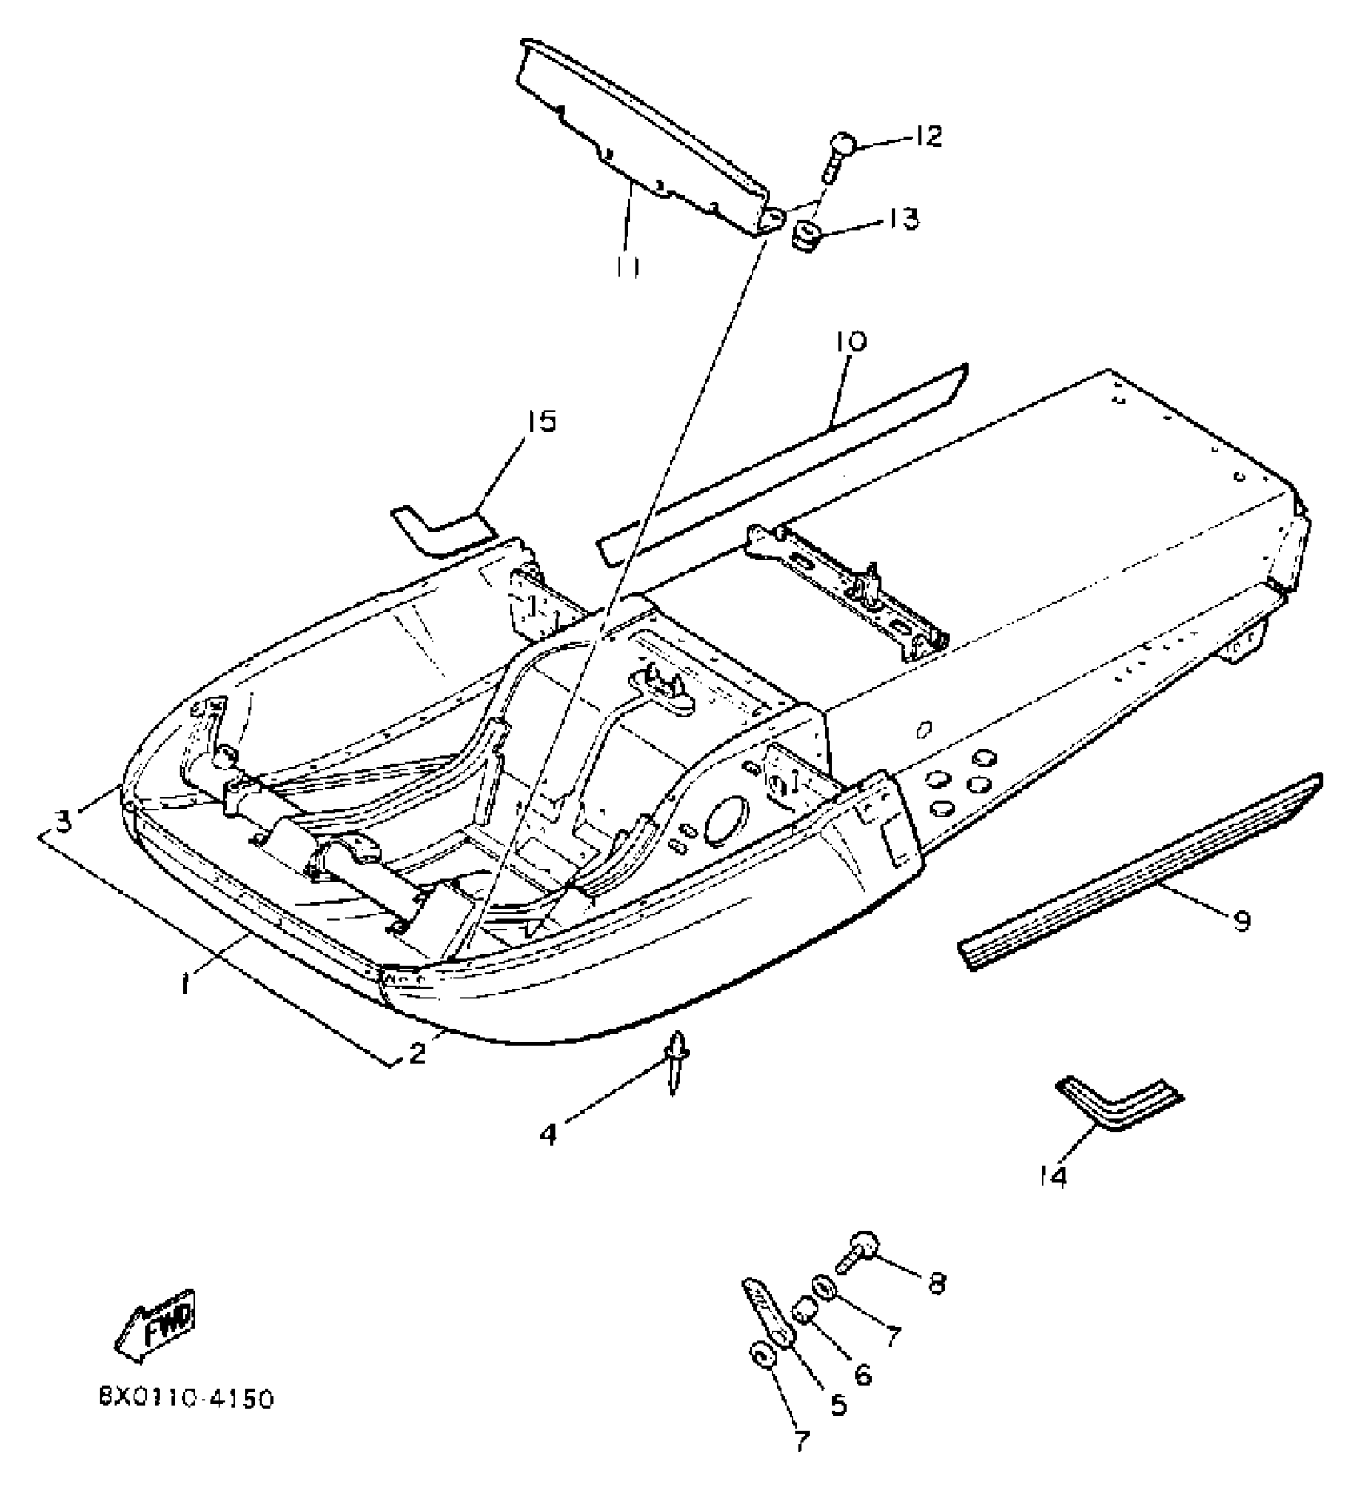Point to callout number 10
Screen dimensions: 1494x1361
[x=850, y=342]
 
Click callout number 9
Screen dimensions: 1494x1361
[x=1240, y=921]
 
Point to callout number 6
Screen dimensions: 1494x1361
[x=861, y=1373]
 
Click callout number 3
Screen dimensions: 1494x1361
[x=64, y=819]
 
